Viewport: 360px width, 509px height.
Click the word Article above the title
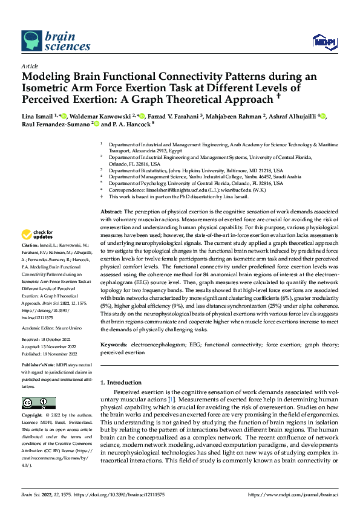click(30, 66)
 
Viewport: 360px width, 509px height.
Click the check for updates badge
click(38, 235)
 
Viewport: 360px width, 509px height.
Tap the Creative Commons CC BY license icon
click(39, 403)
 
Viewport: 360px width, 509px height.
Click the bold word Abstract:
click(112, 209)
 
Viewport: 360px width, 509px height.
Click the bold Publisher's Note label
click(38, 366)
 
